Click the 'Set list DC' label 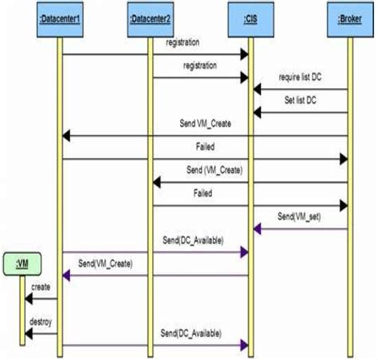[x=299, y=102]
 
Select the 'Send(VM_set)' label [x=299, y=216]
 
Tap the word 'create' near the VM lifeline [x=41, y=285]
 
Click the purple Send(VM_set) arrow [x=301, y=229]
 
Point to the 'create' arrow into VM [x=41, y=299]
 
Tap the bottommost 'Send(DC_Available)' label [x=191, y=333]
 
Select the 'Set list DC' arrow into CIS [x=301, y=113]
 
